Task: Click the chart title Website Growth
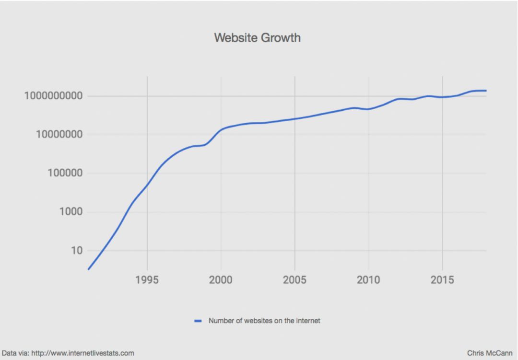257,38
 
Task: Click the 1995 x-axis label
147,280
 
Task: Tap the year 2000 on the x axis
221,280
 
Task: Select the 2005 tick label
294,280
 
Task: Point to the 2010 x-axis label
368,280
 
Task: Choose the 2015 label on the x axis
442,280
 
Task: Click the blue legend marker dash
198,321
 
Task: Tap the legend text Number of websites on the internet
264,321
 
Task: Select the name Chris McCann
490,353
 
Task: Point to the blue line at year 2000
221,130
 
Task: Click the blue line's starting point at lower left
88,269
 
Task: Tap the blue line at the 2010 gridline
368,109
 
